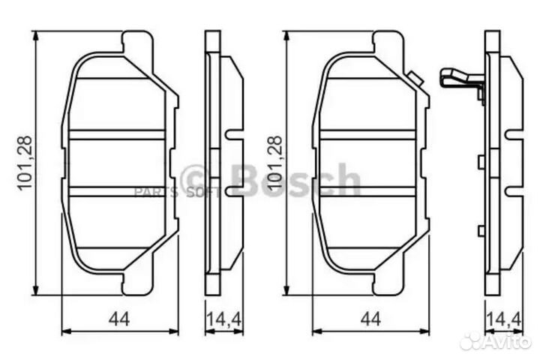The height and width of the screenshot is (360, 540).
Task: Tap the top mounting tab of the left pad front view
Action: (x=137, y=41)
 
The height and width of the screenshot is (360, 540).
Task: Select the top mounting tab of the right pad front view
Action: (x=388, y=41)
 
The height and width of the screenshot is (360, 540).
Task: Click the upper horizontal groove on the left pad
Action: (x=116, y=134)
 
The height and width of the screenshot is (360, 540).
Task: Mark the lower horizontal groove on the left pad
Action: (x=116, y=191)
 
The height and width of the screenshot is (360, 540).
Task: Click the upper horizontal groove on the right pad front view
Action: (x=367, y=134)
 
